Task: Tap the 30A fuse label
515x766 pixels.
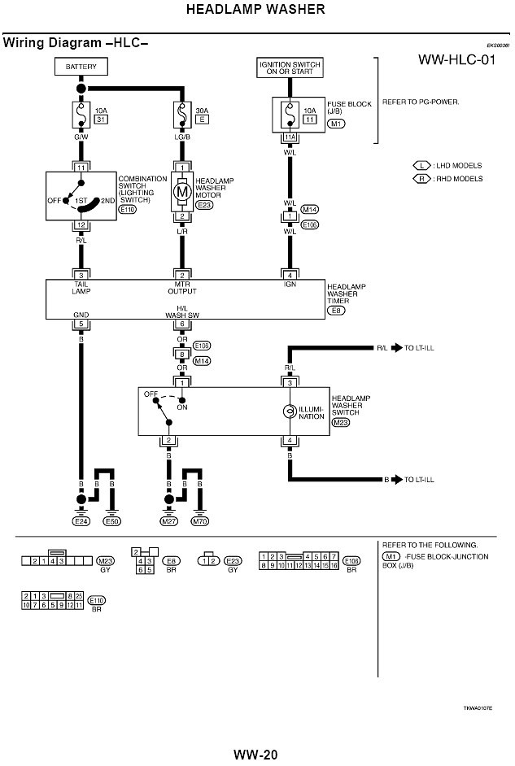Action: click(203, 110)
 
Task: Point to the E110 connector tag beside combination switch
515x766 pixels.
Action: click(128, 209)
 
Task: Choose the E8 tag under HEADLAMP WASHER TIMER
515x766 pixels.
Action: click(335, 311)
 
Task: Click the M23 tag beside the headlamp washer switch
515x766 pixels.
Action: click(340, 423)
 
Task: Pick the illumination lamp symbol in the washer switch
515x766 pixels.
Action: click(287, 412)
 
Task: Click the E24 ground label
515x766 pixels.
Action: click(81, 521)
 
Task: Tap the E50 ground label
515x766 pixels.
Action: click(112, 521)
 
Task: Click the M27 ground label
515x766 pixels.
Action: click(168, 521)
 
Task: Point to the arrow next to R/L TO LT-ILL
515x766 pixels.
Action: click(398, 348)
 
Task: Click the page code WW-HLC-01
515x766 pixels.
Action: click(457, 60)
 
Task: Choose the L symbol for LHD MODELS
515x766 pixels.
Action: click(422, 165)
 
